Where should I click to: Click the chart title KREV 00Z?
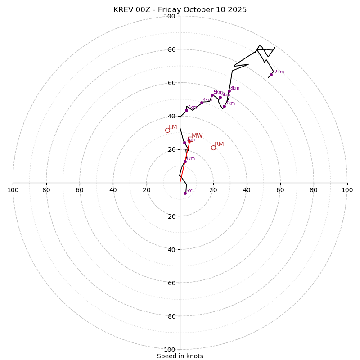(x=180, y=10)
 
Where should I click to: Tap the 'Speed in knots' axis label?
(x=180, y=356)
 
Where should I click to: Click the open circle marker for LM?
(x=167, y=130)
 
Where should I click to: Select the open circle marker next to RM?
(x=213, y=148)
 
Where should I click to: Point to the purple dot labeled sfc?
(x=185, y=193)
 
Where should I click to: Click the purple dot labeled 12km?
(x=271, y=75)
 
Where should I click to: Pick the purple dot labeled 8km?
(x=229, y=91)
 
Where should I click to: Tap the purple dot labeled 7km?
(x=224, y=106)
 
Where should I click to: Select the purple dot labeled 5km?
(x=212, y=95)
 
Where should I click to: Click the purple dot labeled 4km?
(x=202, y=103)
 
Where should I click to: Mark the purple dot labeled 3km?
(x=186, y=110)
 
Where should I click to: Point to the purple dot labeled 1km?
(x=184, y=162)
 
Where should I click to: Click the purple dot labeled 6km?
(x=220, y=98)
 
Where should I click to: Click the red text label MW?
(x=197, y=136)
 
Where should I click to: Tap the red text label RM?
(x=219, y=144)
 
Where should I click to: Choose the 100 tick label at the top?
(x=170, y=17)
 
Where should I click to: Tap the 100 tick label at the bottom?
(x=170, y=350)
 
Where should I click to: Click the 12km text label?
(x=278, y=72)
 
